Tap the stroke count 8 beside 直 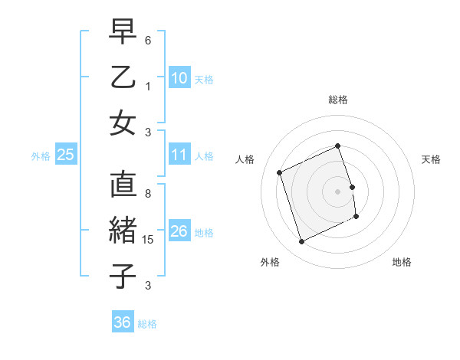(x=148, y=185)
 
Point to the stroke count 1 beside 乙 (x=148, y=86)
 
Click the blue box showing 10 (x=179, y=78)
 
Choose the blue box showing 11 (x=179, y=155)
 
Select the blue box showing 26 (x=179, y=231)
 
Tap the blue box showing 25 (x=66, y=155)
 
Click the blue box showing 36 (x=123, y=322)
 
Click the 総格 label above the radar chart (x=338, y=100)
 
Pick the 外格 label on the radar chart (x=270, y=262)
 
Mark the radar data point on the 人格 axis (x=280, y=172)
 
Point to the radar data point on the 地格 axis (x=357, y=218)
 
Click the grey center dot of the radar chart (x=338, y=191)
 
